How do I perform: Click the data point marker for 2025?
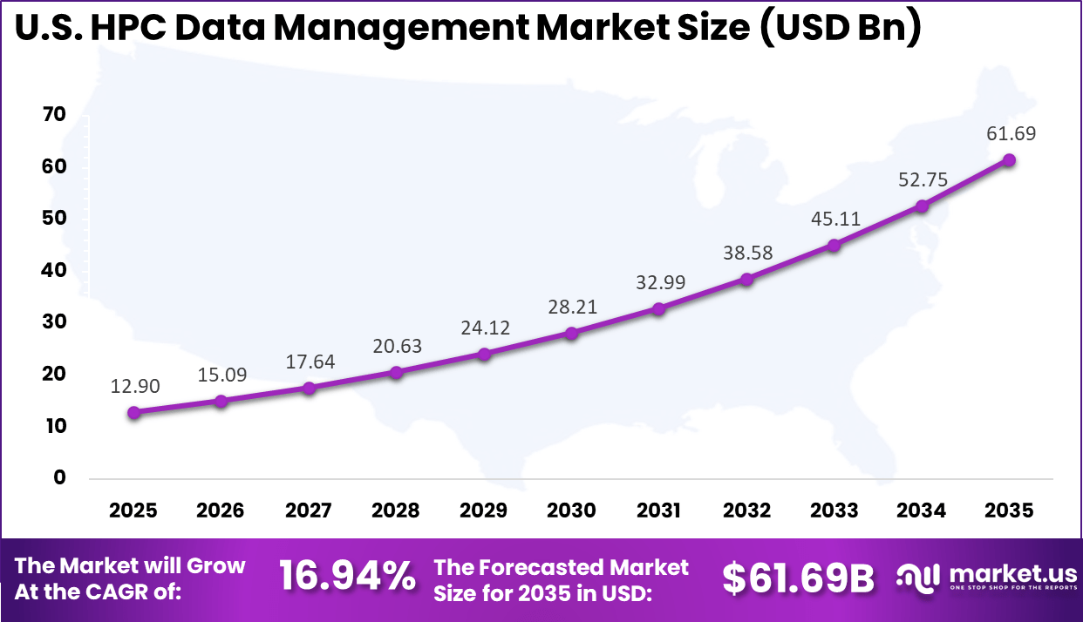[133, 412]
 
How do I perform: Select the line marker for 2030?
[571, 333]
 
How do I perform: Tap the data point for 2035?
[1009, 159]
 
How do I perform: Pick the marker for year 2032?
[746, 279]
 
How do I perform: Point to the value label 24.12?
[484, 328]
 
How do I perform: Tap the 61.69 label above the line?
[1009, 133]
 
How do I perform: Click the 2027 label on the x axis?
[309, 510]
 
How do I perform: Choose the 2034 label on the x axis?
[922, 510]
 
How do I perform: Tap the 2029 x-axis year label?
[484, 510]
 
